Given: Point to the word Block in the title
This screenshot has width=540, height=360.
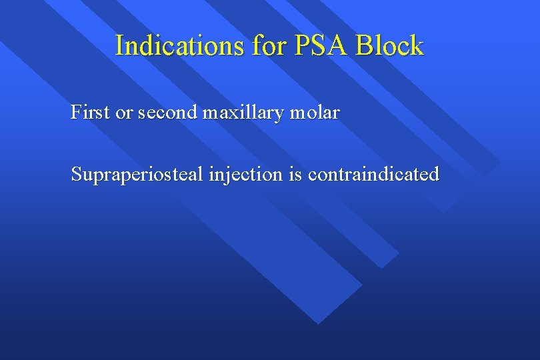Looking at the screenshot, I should [x=390, y=46].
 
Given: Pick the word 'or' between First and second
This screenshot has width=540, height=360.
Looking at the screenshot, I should [x=125, y=113].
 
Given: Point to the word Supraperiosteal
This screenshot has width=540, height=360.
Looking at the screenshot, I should [x=137, y=175].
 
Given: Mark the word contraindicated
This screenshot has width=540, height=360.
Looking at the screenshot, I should [x=374, y=175].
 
